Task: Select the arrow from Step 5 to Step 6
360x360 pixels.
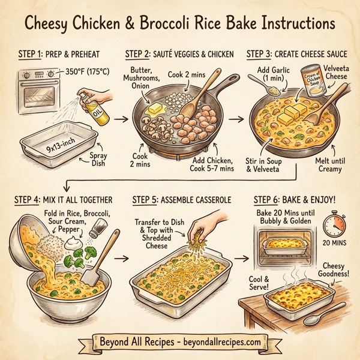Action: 242,260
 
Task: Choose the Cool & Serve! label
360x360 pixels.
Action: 260,283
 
